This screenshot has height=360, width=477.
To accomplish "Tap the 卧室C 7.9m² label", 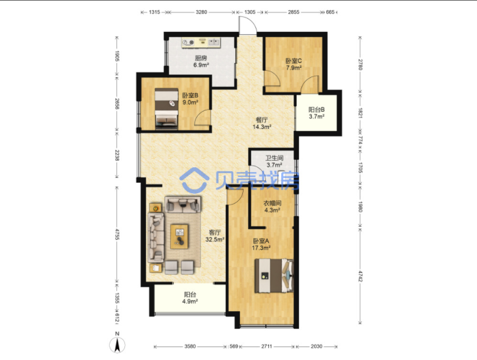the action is tap(294, 64).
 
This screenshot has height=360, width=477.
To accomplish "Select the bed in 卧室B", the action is tap(166, 109).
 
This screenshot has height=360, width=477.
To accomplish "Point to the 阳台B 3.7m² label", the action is tap(317, 113).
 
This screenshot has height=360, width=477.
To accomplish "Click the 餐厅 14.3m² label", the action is tap(262, 123).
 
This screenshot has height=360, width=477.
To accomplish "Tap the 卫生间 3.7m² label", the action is tap(274, 161).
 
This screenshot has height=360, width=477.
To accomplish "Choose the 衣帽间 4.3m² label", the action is tap(272, 206).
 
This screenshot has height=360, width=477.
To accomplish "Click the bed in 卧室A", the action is tap(274, 276).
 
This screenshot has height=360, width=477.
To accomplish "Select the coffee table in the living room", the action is tap(179, 236).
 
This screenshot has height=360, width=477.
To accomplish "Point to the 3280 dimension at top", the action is tap(201, 12).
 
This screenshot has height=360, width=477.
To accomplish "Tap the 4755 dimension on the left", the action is tap(117, 233).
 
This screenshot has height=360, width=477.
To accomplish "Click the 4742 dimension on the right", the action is tap(360, 276).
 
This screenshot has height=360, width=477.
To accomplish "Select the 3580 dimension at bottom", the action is tap(190, 346).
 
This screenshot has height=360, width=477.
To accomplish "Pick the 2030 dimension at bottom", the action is tap(317, 346).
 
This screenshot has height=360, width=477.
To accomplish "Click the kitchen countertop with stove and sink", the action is tap(202, 42).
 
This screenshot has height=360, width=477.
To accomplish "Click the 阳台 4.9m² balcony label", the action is tap(190, 298).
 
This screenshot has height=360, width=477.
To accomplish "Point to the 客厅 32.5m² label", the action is tap(215, 236).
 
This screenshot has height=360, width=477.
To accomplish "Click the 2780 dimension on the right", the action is tap(360, 64).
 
